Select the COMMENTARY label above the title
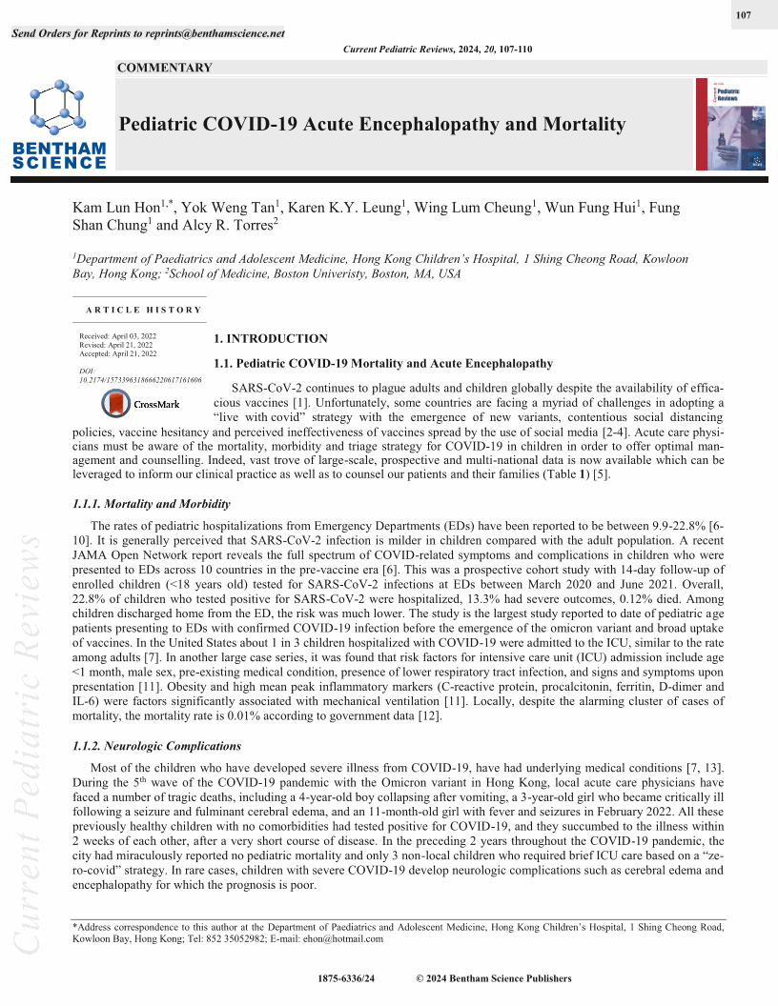(x=164, y=68)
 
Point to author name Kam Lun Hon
(x=116, y=208)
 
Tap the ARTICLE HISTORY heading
(x=143, y=310)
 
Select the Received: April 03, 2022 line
(x=118, y=336)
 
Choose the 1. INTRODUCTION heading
(x=270, y=338)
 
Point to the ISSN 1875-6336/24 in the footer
(x=346, y=978)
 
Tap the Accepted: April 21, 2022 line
(x=118, y=353)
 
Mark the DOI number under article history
(x=140, y=379)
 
